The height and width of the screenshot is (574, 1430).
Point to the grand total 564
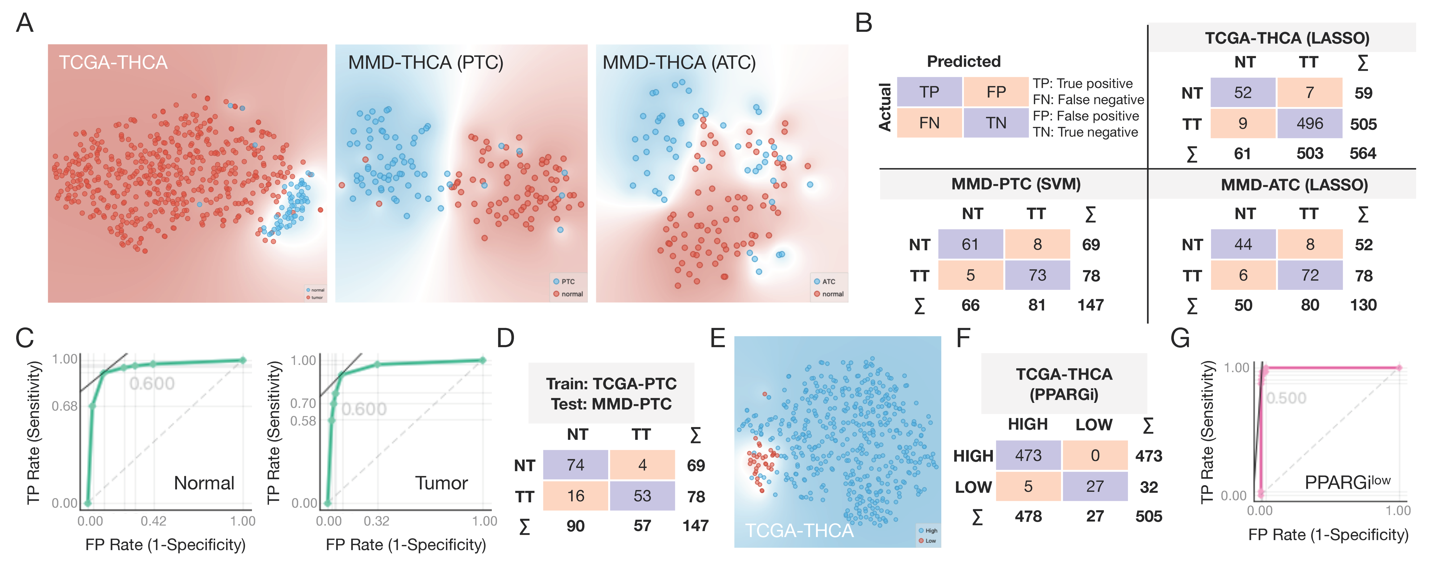pos(1363,154)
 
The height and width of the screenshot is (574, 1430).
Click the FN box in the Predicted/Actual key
pos(929,123)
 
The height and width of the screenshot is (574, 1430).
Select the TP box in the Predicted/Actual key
pos(929,92)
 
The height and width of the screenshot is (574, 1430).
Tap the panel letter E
pos(718,338)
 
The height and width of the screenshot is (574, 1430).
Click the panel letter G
pos(1180,338)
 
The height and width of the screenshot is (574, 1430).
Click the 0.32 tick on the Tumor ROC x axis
pos(376,521)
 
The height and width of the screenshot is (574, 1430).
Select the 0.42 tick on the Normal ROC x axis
pos(153,521)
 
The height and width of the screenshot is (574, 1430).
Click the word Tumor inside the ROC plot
pos(441,483)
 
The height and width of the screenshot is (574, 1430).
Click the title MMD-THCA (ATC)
pos(679,63)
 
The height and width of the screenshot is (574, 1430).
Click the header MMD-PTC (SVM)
pos(1016,184)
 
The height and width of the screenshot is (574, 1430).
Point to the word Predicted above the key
pos(964,62)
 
